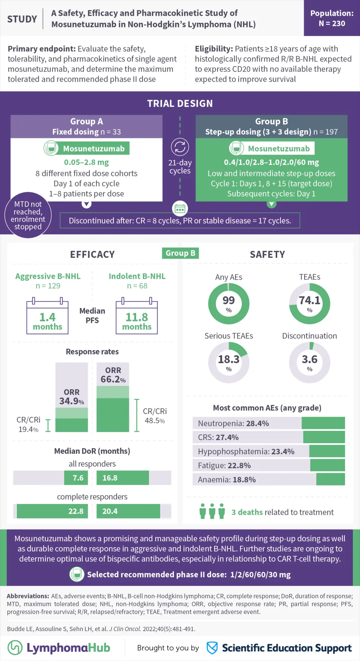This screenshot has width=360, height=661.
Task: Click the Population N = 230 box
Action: pyautogui.click(x=332, y=18)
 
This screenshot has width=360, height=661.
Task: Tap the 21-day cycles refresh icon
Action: pyautogui.click(x=180, y=147)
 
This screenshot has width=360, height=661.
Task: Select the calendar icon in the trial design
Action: pyautogui.click(x=180, y=208)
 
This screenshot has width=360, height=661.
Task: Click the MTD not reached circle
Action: pyautogui.click(x=28, y=215)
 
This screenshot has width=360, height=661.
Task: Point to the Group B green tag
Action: pyautogui.click(x=180, y=253)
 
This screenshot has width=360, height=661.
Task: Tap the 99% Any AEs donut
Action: pyautogui.click(x=229, y=303)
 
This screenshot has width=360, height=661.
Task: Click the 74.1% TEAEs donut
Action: pyautogui.click(x=310, y=303)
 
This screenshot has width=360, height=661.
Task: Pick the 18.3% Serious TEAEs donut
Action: pyautogui.click(x=229, y=362)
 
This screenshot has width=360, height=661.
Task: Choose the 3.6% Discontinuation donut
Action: pyautogui.click(x=310, y=362)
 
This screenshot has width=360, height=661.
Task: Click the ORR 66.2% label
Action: pyautogui.click(x=113, y=375)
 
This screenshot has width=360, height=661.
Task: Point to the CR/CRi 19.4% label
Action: pyautogui.click(x=28, y=424)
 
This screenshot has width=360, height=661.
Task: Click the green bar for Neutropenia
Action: pyautogui.click(x=323, y=423)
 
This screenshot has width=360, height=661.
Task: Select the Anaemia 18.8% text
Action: pyautogui.click(x=227, y=480)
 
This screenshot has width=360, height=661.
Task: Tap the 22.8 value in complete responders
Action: pyautogui.click(x=76, y=511)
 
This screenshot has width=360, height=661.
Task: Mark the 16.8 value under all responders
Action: pyautogui.click(x=110, y=478)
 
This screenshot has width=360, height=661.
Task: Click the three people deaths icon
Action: pyautogui.click(x=212, y=511)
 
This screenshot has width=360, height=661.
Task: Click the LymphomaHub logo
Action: pyautogui.click(x=59, y=648)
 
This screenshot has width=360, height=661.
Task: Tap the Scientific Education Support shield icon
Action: pyautogui.click(x=212, y=648)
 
